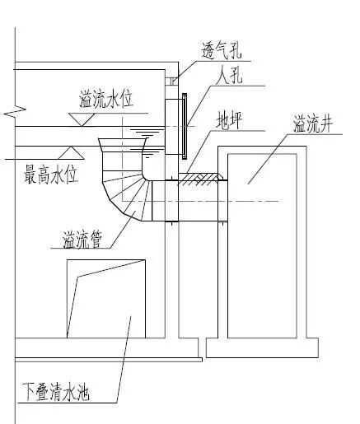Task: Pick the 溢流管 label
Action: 83,240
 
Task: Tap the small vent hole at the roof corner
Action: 173,80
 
